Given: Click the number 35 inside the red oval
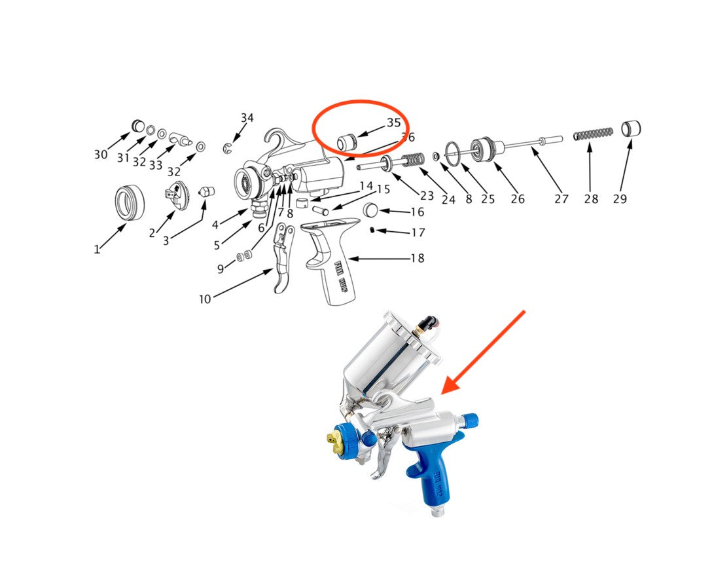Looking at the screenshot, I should pos(393,122).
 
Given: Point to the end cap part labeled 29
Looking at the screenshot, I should pos(630,128).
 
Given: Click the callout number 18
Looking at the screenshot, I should pos(417,258).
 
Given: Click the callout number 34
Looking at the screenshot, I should pos(247,118).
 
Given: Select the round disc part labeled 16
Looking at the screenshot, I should pos(371,210).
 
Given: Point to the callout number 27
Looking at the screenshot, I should pos(561,199).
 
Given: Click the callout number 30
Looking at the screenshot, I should pos(100,155).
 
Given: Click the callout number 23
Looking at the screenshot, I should pos(427,195).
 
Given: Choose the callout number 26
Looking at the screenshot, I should pos(518,199).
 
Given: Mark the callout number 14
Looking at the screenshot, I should pos(366,186).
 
